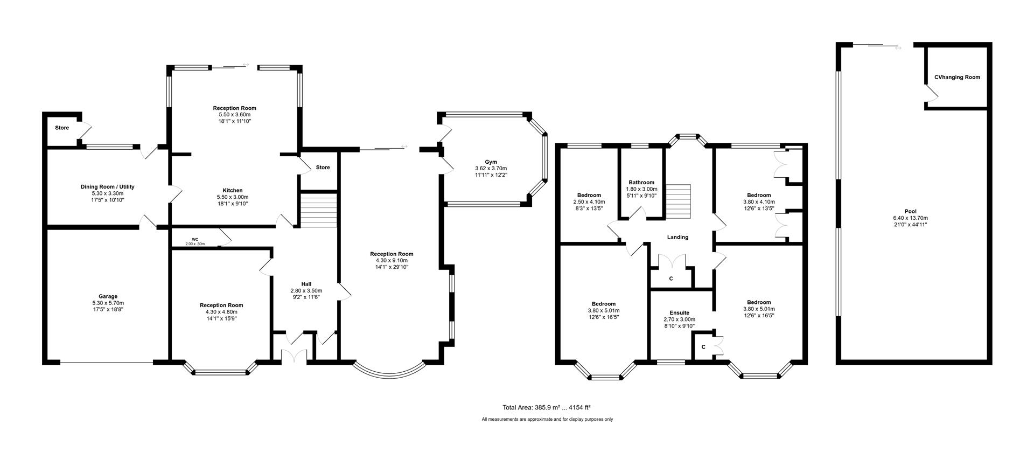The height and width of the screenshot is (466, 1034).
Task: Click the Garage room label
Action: [108, 296]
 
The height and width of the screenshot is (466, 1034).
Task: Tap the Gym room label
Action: [491, 162]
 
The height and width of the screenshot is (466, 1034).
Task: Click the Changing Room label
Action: [957, 77]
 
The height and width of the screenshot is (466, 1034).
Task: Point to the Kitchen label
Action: [233, 190]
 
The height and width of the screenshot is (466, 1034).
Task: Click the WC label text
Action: [195, 240]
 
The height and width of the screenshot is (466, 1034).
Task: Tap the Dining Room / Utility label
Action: [108, 186]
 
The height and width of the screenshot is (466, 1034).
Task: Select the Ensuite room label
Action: [679, 312]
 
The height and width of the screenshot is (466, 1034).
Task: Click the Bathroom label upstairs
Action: [641, 182]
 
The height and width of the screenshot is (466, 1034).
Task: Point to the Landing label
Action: [677, 237]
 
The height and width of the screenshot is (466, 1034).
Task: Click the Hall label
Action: [306, 284]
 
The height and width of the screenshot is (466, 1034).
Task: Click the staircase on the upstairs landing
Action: [678, 201]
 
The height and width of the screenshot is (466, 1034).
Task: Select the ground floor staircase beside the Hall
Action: [318, 210]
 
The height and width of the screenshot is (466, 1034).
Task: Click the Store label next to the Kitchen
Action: [323, 168]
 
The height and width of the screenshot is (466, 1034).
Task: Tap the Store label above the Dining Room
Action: [62, 128]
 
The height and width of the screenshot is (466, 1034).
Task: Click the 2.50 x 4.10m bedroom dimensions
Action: [589, 201]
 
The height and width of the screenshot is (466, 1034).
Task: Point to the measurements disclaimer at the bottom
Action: [547, 419]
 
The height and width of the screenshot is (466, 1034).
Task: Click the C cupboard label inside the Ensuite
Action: [703, 347]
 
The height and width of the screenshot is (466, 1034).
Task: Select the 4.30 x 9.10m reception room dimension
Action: [392, 260]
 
